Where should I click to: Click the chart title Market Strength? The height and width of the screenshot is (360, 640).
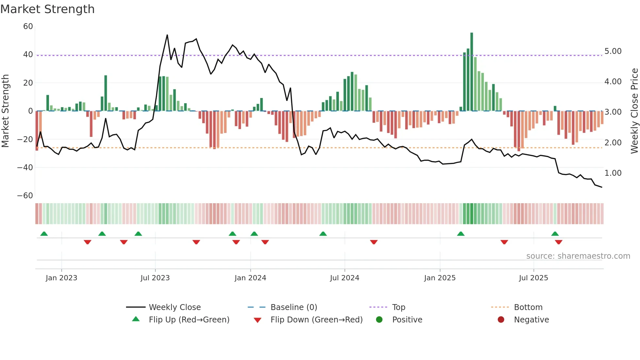(x=47, y=9)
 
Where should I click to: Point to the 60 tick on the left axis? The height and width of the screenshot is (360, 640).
(x=28, y=26)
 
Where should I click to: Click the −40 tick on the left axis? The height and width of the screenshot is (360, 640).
(x=25, y=168)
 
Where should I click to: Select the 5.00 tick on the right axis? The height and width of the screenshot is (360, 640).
(x=613, y=51)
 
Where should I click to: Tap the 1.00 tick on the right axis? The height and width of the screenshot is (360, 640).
(x=613, y=173)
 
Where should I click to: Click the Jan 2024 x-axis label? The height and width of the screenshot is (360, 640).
(x=250, y=278)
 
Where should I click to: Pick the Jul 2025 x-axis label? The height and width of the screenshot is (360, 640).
(x=533, y=278)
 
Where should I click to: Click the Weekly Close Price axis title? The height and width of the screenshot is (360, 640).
(x=634, y=111)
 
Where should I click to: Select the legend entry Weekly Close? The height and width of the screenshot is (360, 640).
(x=174, y=307)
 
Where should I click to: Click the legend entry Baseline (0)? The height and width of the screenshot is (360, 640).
(x=294, y=307)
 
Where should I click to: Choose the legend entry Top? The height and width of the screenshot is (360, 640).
(x=398, y=307)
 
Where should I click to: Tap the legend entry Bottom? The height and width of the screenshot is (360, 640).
(x=528, y=307)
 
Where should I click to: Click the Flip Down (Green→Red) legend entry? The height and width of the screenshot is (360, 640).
(x=316, y=320)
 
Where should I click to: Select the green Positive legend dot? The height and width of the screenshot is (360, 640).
(x=379, y=320)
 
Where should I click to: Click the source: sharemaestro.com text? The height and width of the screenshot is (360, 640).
(x=578, y=256)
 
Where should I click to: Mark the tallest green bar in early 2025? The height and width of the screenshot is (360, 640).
(x=472, y=72)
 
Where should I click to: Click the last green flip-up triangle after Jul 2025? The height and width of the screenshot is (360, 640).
(x=555, y=234)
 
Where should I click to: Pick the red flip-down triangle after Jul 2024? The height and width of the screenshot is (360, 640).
(x=374, y=242)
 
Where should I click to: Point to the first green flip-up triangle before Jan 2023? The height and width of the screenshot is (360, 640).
(x=44, y=234)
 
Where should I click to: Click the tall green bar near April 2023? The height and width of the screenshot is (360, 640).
(x=106, y=93)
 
